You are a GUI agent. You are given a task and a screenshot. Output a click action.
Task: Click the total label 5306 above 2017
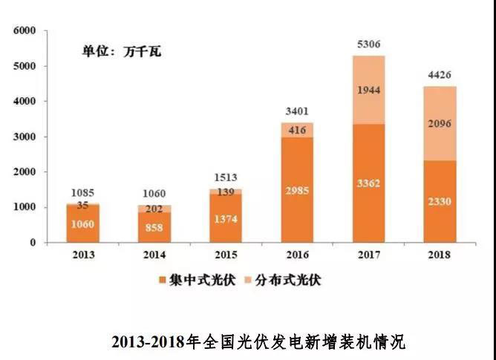(x=368, y=44)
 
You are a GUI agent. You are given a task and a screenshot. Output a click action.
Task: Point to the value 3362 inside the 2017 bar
(x=369, y=183)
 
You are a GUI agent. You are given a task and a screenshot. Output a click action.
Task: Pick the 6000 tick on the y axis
(x=25, y=31)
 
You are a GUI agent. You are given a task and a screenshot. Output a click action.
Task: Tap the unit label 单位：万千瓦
(x=121, y=52)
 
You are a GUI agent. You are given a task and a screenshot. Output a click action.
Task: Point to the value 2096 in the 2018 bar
(x=440, y=125)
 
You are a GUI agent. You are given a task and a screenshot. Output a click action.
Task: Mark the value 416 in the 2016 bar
(x=297, y=131)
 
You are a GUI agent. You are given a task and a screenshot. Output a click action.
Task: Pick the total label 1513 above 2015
(x=225, y=179)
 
